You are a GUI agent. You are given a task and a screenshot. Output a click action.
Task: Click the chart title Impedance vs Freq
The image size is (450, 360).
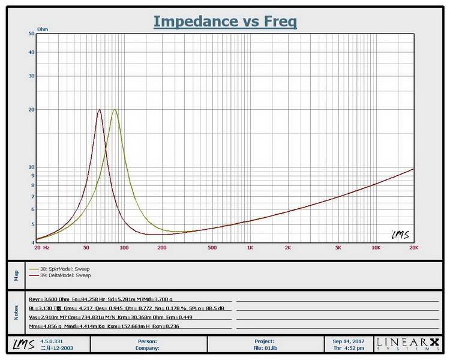(x=225, y=21)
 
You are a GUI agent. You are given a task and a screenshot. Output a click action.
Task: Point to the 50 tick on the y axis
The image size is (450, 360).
(x=31, y=34)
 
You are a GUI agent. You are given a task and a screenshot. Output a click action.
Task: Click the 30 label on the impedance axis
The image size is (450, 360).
(x=31, y=76)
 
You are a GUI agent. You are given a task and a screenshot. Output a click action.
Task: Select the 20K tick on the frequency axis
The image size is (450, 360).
(x=413, y=247)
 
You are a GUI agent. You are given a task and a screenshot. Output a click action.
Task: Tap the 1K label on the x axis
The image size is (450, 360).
(x=250, y=247)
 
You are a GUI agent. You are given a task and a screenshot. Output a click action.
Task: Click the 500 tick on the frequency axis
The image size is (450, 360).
(x=212, y=247)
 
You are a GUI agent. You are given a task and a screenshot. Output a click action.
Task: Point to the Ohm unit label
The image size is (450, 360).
(x=43, y=29)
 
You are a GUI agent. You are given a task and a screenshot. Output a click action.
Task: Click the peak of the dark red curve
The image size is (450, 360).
(x=100, y=109)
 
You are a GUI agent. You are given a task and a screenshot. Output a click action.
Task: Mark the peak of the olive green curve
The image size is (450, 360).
(x=114, y=109)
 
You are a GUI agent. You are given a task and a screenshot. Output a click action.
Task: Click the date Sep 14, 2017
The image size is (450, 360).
(x=348, y=341)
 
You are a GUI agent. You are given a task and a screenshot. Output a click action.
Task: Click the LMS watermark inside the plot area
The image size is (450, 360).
(x=400, y=235)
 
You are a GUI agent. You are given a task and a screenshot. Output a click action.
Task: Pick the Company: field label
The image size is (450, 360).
(x=146, y=347)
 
